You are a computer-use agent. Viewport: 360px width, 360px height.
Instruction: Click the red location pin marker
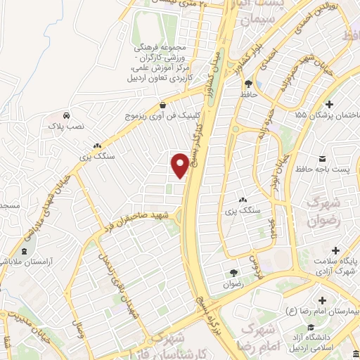pyautogui.click(x=180, y=165)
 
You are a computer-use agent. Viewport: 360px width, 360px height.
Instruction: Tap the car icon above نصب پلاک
pyautogui.click(x=65, y=115)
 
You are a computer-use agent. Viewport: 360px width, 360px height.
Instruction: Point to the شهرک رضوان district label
pyautogui.click(x=325, y=211)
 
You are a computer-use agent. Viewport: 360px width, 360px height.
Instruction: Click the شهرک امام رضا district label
pyautogui.click(x=266, y=335)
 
